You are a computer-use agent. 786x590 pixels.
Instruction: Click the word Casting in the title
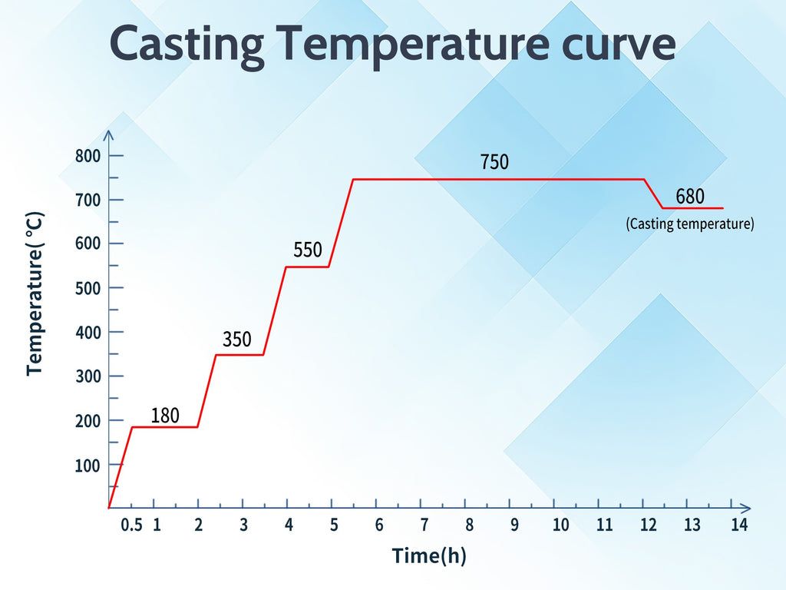coord(187,45)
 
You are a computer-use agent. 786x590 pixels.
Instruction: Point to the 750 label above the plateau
coord(494,162)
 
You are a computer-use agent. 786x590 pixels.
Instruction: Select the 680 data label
coord(689,197)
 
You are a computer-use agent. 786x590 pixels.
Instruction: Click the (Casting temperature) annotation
coord(689,224)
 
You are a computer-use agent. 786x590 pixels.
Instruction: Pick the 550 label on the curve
coord(308,250)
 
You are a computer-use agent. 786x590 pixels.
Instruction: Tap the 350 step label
coord(237,339)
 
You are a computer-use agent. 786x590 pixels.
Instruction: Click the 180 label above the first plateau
coord(165,416)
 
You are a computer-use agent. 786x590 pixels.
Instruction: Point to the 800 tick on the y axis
coord(88,156)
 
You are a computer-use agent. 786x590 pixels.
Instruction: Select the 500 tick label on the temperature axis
coord(88,288)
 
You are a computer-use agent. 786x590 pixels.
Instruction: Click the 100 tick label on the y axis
coord(88,465)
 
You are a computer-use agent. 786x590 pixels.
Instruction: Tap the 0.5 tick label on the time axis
coord(132,525)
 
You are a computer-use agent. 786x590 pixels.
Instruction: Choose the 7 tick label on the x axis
coord(424,525)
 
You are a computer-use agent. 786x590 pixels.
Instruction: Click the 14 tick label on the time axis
coord(738,525)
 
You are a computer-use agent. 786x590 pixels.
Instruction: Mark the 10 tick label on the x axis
coord(560,525)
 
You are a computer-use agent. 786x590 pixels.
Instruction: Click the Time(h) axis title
coord(429,555)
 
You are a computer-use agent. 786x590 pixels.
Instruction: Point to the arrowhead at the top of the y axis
coord(109,134)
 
